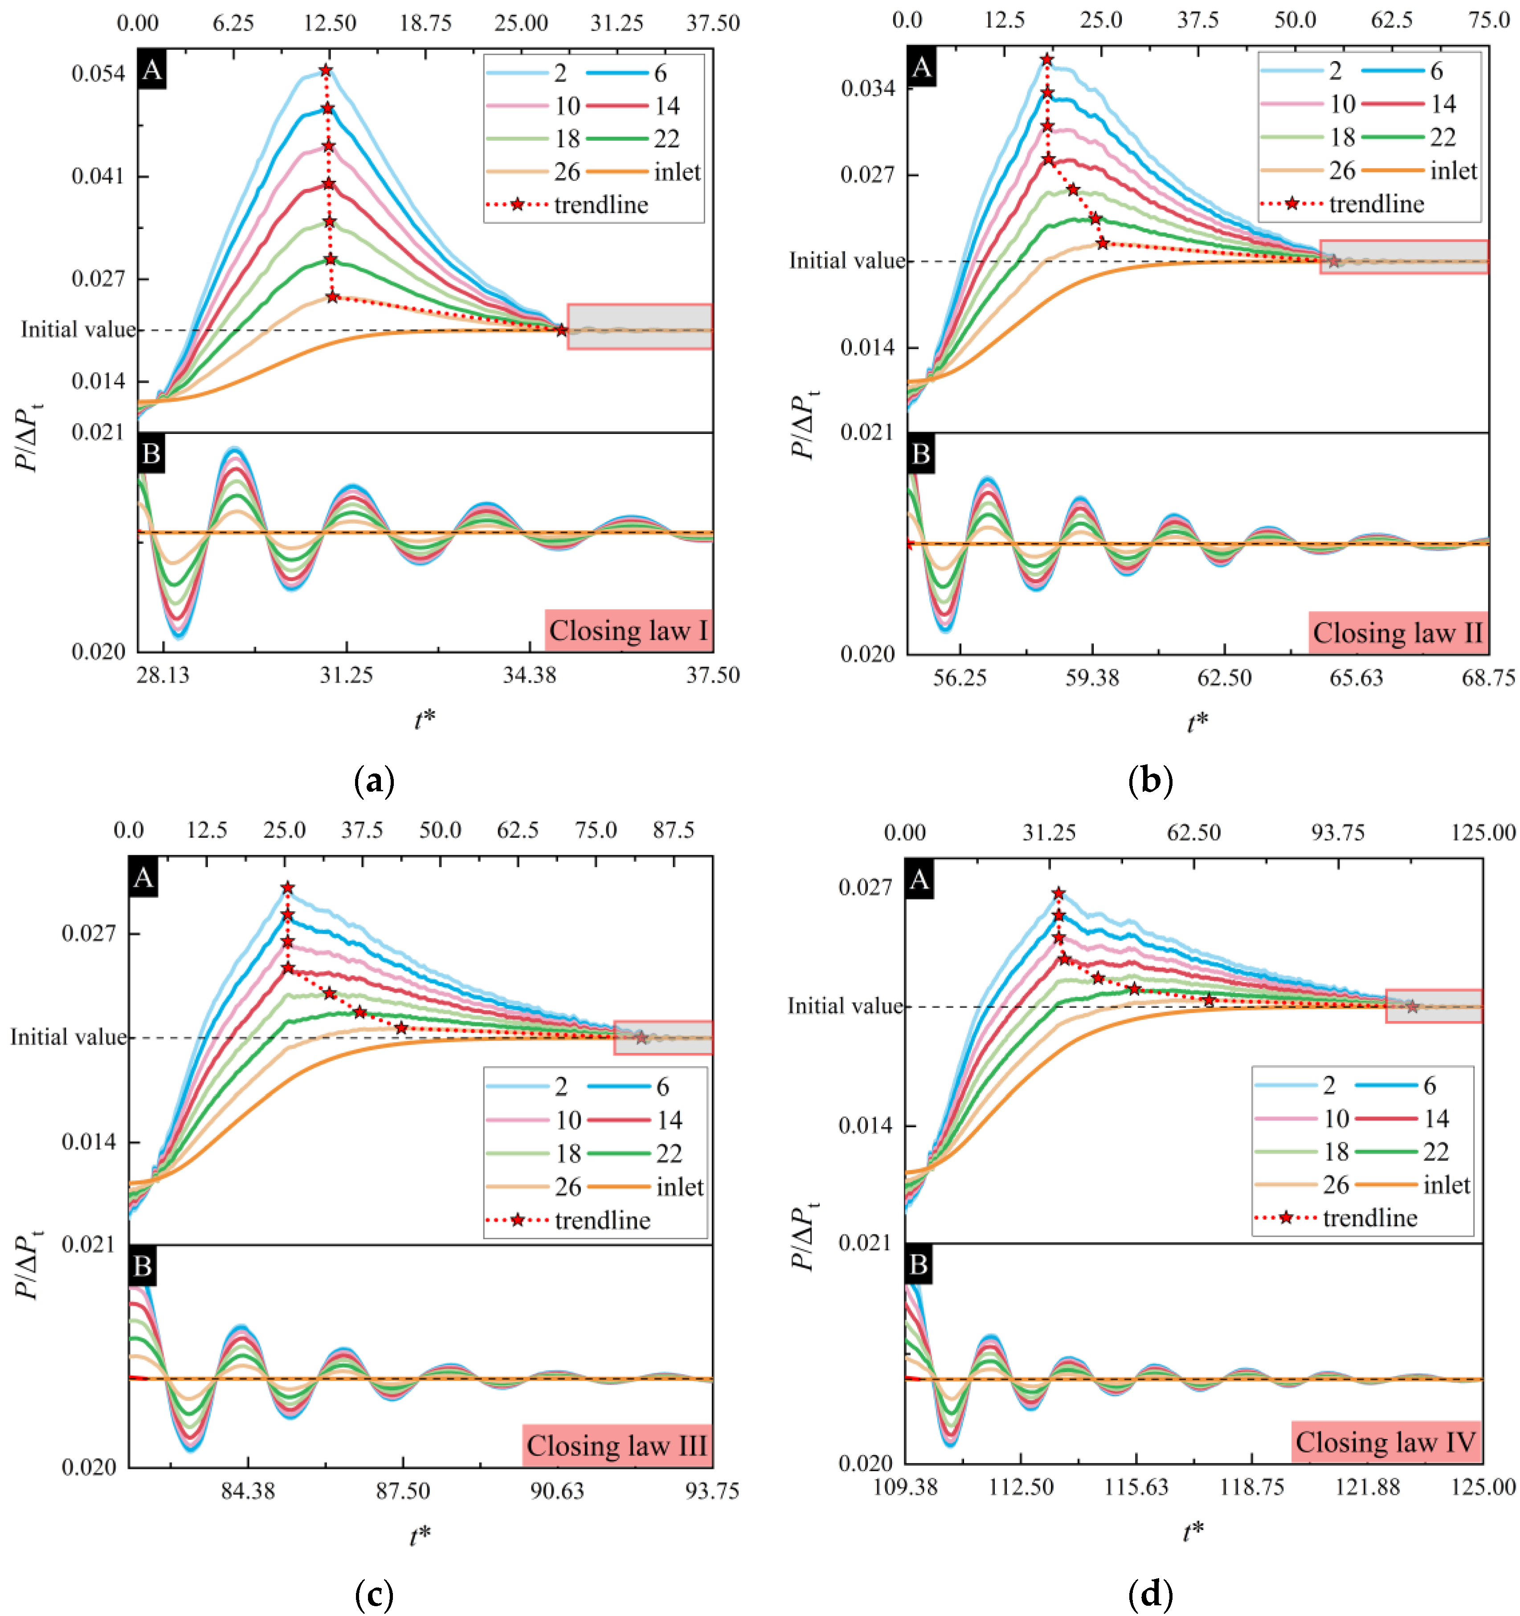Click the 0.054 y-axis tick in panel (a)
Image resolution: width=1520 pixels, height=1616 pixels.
tap(98, 74)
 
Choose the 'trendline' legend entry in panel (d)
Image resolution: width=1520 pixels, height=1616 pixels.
tap(1369, 1218)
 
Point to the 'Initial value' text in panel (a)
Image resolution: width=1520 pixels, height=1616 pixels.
tap(79, 329)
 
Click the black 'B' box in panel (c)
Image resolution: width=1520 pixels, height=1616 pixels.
tap(143, 1266)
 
